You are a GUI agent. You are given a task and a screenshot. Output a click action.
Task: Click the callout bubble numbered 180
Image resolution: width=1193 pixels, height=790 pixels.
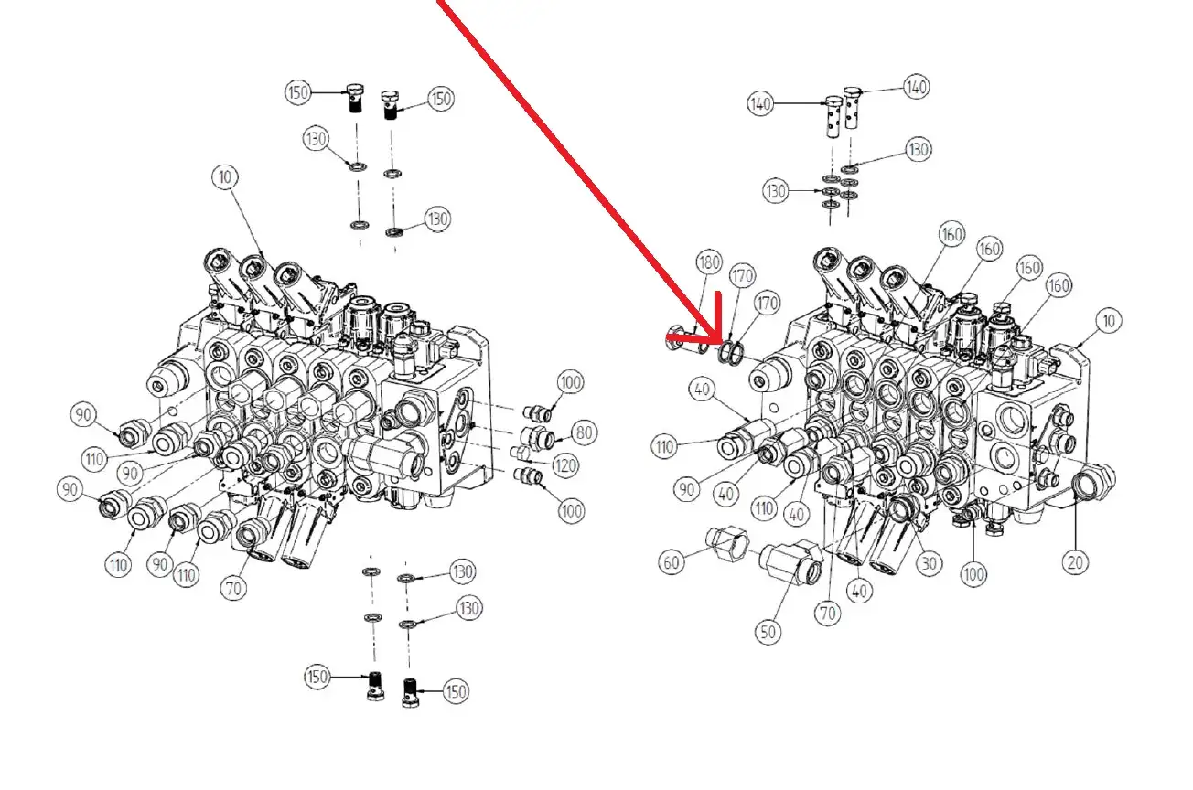(x=708, y=262)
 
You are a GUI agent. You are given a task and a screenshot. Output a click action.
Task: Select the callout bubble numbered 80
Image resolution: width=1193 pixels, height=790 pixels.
(x=584, y=432)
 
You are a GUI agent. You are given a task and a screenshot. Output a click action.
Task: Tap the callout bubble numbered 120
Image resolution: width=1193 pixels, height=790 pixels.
(x=565, y=465)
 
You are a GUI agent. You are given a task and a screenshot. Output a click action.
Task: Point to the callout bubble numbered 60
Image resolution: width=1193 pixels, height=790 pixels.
(x=672, y=562)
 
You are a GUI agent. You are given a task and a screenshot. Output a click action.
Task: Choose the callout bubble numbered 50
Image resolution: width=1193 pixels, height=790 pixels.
(x=768, y=633)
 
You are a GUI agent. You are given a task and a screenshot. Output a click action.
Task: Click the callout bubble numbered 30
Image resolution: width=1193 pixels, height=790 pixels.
(x=929, y=563)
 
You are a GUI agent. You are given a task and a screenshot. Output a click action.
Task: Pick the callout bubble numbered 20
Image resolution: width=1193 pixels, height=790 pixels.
(x=1075, y=562)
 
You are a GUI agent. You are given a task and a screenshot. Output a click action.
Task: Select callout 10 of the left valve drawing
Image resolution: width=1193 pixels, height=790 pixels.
(x=225, y=177)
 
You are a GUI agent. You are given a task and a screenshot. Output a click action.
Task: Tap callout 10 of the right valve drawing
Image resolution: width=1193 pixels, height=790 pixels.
(x=1109, y=321)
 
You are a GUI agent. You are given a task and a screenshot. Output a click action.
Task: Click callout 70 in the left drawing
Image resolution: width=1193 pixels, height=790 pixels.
(x=233, y=588)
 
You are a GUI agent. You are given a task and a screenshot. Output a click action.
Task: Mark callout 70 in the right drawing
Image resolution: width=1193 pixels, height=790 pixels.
(x=827, y=614)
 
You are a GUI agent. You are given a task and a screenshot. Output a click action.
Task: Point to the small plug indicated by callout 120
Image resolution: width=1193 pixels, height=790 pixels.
(x=518, y=453)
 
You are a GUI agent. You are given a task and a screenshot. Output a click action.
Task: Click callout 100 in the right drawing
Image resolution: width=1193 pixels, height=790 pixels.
(x=973, y=574)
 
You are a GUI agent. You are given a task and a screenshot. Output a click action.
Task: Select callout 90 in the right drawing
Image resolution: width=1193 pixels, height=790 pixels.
(x=686, y=489)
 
